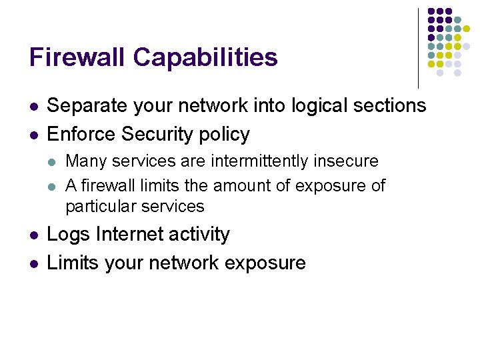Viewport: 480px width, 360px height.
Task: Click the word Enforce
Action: click(x=82, y=134)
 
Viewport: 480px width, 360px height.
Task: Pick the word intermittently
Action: click(x=260, y=161)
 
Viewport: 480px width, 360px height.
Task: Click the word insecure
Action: click(x=346, y=161)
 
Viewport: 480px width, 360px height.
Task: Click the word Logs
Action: click(x=69, y=235)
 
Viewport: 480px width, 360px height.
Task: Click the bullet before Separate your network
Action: click(x=33, y=106)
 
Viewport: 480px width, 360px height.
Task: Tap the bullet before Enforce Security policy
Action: click(x=33, y=135)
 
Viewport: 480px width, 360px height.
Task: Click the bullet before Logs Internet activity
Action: click(x=33, y=235)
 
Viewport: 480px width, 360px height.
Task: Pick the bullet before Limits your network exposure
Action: click(x=33, y=263)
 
